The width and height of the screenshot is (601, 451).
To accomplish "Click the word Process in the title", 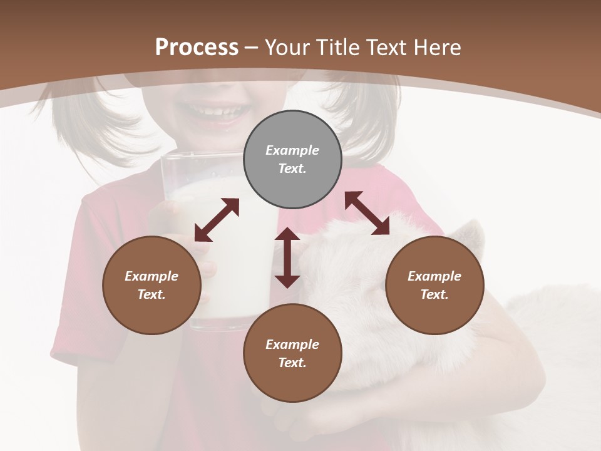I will coord(197,48).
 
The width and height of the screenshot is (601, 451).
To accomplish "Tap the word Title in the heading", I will coord(339,48).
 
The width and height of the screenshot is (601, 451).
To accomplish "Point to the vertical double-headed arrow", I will coord(287,257).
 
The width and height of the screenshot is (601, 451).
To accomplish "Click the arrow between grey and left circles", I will coord(217,220).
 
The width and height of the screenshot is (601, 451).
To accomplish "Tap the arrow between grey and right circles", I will coord(367,213).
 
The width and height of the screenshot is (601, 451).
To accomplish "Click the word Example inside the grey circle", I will coord(292,150).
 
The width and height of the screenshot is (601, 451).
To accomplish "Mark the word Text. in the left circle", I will coord(152,294).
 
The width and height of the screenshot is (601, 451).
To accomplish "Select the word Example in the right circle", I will coord(434,276).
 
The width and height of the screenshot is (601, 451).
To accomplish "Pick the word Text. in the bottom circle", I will coord(292,363).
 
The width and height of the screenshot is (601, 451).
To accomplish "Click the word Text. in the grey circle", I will coord(292,168).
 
